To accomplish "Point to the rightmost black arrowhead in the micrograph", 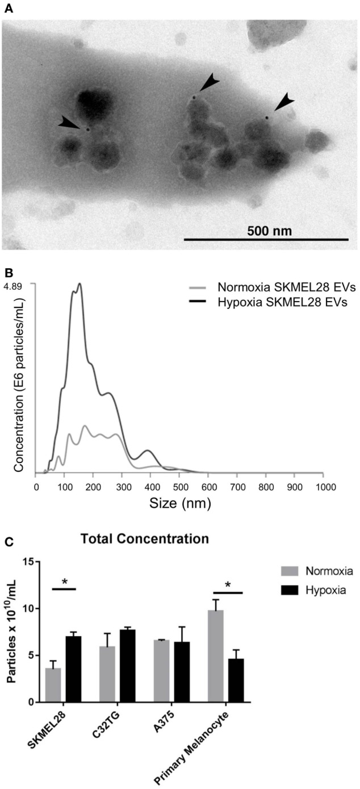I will pos(282,104).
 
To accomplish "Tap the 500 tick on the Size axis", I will pos(293,487).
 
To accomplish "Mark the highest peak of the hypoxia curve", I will pos(80,283).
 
